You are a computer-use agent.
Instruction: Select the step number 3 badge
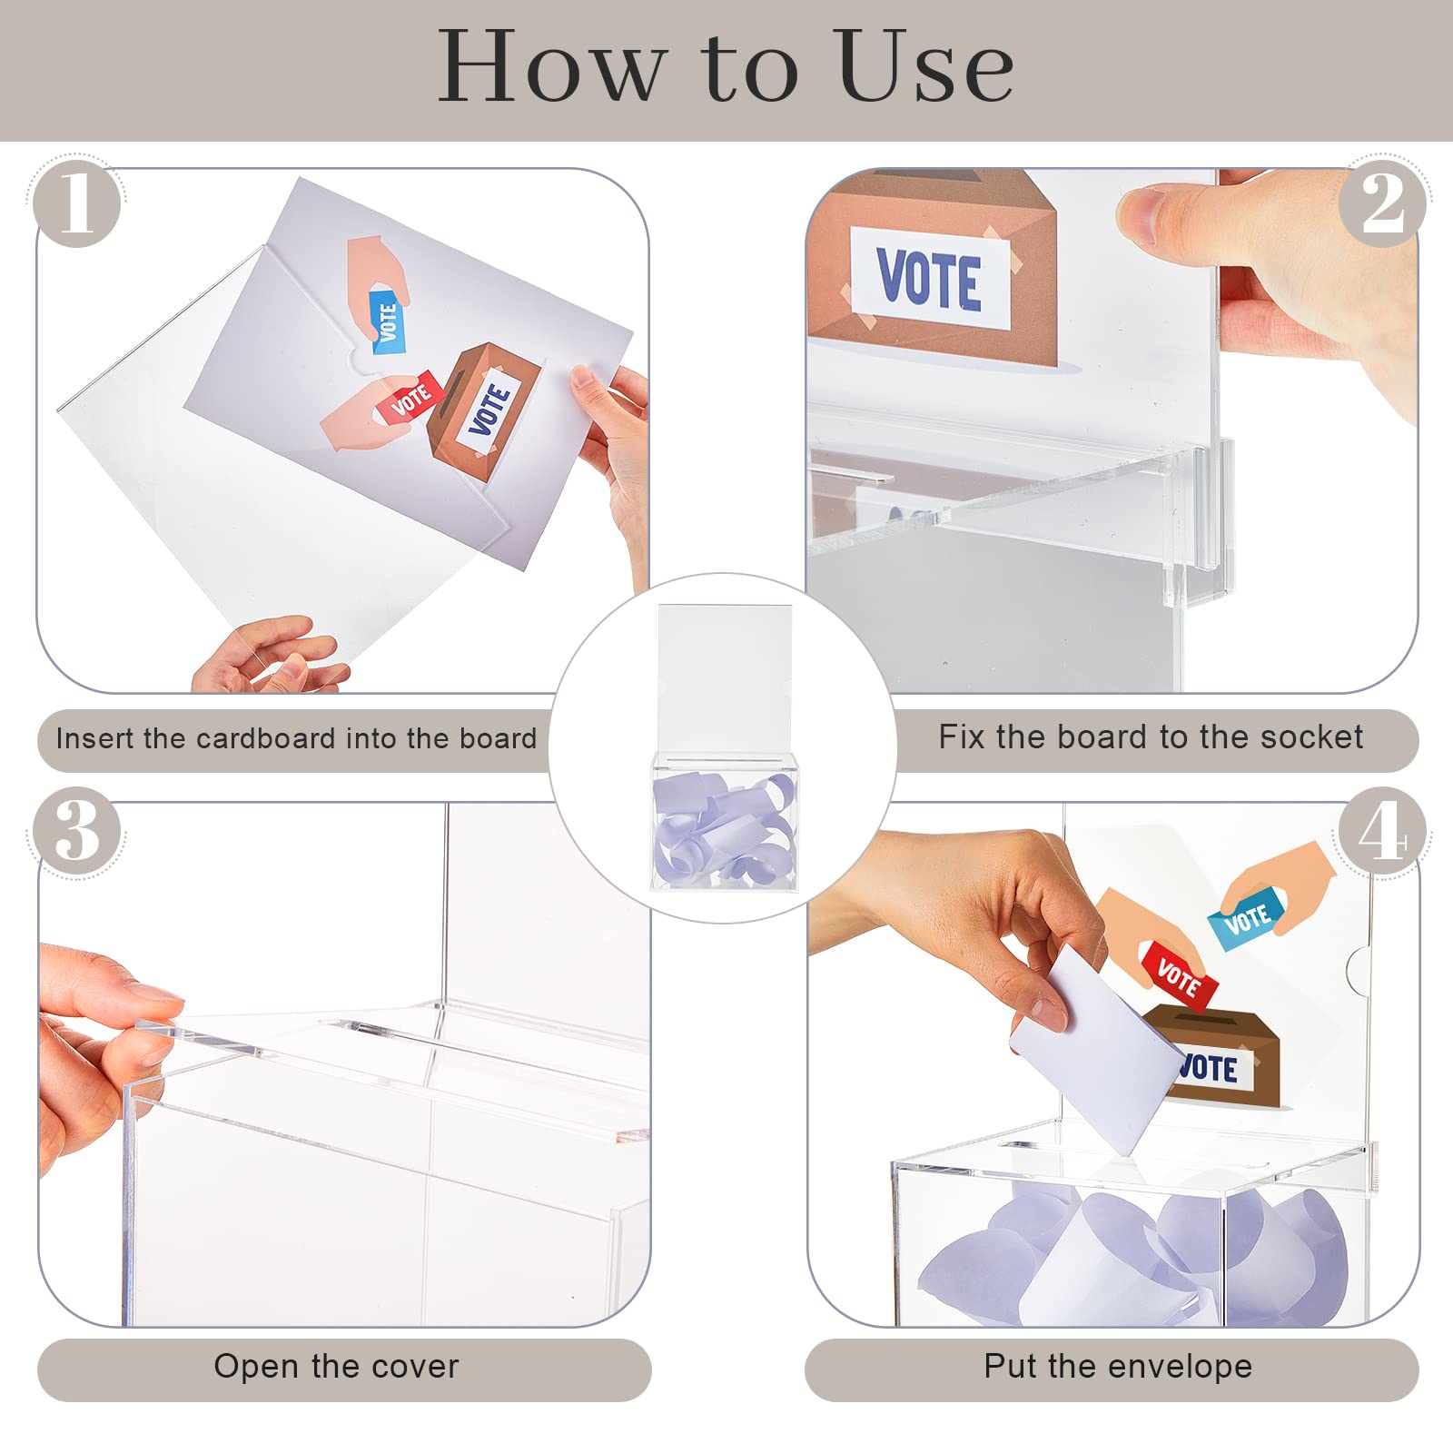pyautogui.click(x=76, y=832)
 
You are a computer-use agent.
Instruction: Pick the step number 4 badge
pyautogui.click(x=1381, y=832)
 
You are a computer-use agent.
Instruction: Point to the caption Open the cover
pyautogui.click(x=336, y=1367)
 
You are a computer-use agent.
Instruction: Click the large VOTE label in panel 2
pyautogui.click(x=929, y=279)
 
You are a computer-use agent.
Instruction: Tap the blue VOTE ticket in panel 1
pyautogui.click(x=388, y=322)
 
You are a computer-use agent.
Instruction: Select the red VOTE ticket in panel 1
pyautogui.click(x=411, y=398)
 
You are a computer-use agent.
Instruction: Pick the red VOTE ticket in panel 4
pyautogui.click(x=1179, y=976)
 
